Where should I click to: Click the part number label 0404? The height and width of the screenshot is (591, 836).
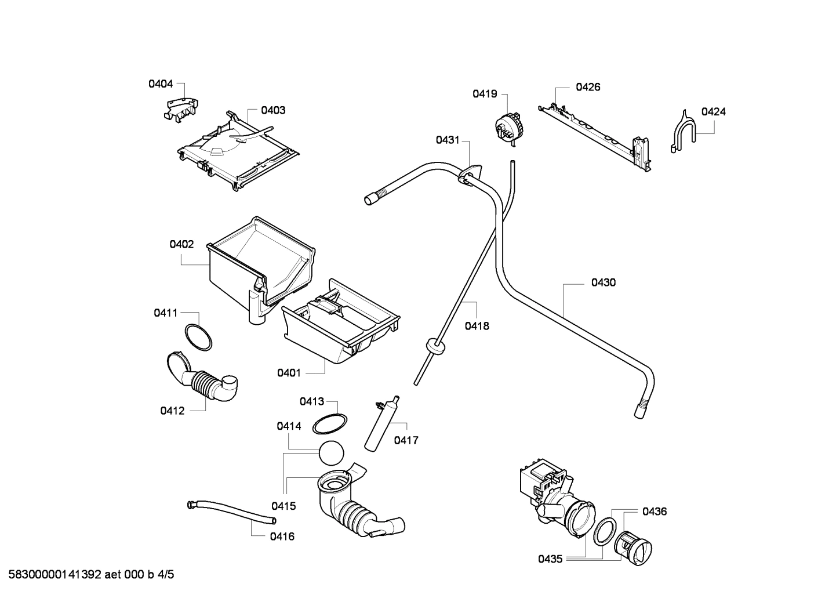point(161,84)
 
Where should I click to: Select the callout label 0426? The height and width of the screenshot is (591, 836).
point(587,87)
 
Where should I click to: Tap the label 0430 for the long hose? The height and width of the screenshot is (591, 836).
point(603,282)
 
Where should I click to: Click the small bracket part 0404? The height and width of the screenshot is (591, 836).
point(180,108)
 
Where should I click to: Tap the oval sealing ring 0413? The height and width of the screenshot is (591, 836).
point(330,424)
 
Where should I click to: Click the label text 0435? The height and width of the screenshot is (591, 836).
point(550,559)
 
